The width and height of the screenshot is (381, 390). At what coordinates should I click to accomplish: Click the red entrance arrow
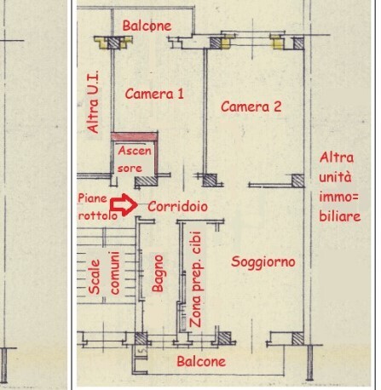(124, 205)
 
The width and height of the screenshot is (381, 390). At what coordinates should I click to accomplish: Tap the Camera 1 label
(154, 94)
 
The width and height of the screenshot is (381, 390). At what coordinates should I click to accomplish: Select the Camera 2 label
(251, 106)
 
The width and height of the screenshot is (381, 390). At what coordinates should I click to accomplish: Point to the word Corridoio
(177, 206)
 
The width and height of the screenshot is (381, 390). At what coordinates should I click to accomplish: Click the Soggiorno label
(263, 261)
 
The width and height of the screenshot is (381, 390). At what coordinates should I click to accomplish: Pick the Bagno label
(158, 273)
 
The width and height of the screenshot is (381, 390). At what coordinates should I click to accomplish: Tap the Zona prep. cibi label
(195, 279)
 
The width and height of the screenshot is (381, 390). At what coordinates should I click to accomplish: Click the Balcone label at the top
(147, 26)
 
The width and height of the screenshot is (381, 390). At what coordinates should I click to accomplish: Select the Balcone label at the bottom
(201, 362)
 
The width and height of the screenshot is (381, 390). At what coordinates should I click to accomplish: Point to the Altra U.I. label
(93, 102)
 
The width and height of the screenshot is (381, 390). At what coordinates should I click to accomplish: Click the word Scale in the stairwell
(95, 277)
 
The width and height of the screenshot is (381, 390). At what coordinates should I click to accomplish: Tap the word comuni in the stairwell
(114, 273)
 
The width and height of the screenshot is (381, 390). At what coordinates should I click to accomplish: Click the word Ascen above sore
(135, 151)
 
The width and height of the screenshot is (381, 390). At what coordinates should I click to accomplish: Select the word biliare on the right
(340, 216)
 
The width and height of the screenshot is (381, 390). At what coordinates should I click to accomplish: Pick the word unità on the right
(335, 177)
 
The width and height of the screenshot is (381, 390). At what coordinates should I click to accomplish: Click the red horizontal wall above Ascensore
(134, 136)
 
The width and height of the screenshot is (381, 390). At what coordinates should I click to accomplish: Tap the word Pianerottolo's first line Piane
(93, 198)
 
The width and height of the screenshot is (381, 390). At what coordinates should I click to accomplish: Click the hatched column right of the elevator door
(146, 181)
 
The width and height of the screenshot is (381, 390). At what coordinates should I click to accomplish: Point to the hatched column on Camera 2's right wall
(298, 181)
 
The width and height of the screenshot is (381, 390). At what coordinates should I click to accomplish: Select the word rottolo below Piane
(98, 215)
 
